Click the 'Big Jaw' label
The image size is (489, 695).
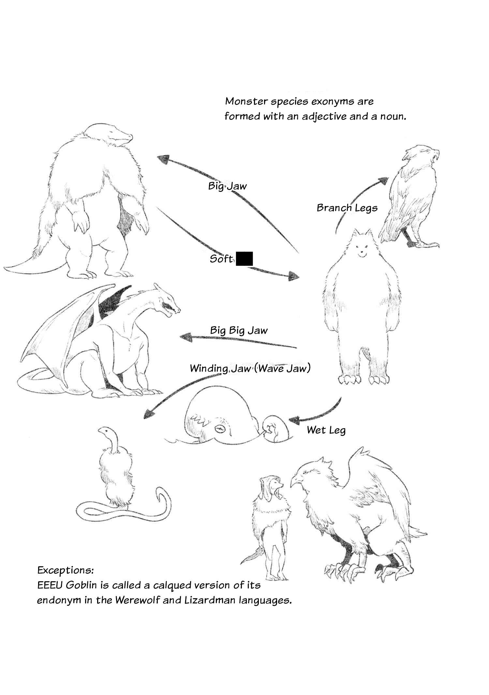pyautogui.click(x=228, y=186)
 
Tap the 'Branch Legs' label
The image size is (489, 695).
pyautogui.click(x=347, y=208)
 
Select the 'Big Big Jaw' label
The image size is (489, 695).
pyautogui.click(x=239, y=330)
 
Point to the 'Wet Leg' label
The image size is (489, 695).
pyautogui.click(x=326, y=430)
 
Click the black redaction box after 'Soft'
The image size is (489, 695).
pyautogui.click(x=244, y=259)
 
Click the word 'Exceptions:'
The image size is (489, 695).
pyautogui.click(x=66, y=570)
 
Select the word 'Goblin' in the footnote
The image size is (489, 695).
pyautogui.click(x=81, y=585)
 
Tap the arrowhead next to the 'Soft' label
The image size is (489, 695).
pyautogui.click(x=293, y=276)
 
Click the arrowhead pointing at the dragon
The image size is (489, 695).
pyautogui.click(x=186, y=337)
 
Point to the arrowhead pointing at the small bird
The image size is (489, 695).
pyautogui.click(x=383, y=181)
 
